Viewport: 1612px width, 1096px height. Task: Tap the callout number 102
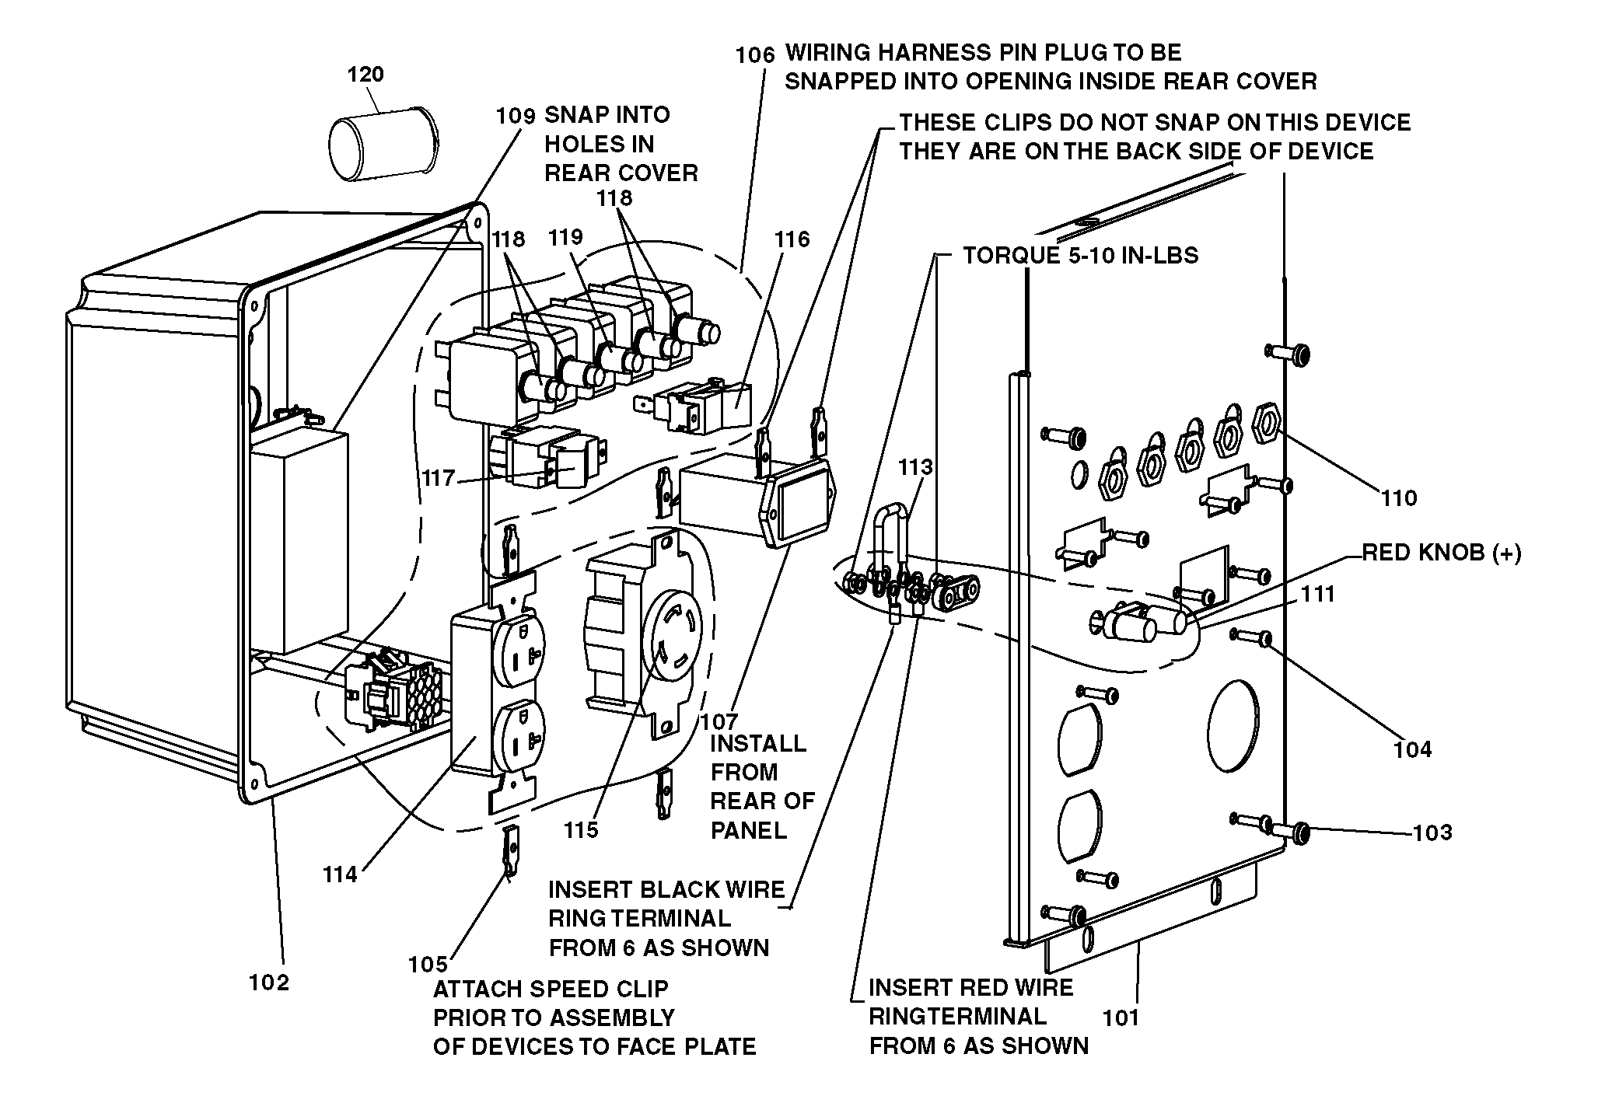click(269, 983)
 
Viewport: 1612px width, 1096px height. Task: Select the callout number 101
click(1121, 1017)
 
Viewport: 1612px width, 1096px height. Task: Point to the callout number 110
click(1399, 497)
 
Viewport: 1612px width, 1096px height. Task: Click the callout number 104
click(1413, 749)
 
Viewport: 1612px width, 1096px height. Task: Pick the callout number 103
click(1432, 832)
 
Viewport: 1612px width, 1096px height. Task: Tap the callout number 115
click(582, 830)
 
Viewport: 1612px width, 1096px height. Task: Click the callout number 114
click(341, 874)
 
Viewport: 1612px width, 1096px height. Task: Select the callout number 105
click(428, 965)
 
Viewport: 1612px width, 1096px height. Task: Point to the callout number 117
click(439, 477)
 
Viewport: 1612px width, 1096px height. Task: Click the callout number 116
click(792, 239)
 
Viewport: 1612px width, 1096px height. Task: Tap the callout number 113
click(915, 467)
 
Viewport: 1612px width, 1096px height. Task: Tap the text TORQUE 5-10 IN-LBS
click(1081, 255)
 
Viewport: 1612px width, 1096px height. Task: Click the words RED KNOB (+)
click(1442, 553)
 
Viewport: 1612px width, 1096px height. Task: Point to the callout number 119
click(565, 237)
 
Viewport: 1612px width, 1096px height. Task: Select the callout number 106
click(756, 54)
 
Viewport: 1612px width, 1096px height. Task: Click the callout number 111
click(1317, 595)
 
